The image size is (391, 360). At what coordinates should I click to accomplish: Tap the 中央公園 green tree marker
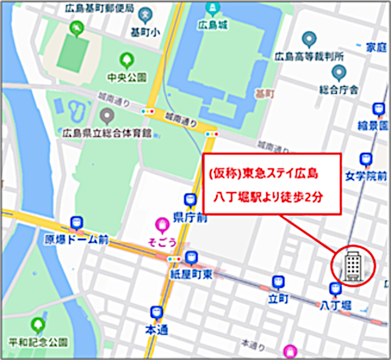pyautogui.click(x=127, y=61)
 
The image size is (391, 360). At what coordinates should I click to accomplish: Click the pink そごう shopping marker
pyautogui.click(x=162, y=225)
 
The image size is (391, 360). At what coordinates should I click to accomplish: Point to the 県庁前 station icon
pyautogui.click(x=190, y=200)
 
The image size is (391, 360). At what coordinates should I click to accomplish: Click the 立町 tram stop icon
pyautogui.click(x=278, y=282)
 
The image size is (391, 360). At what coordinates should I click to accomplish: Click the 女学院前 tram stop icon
pyautogui.click(x=366, y=159)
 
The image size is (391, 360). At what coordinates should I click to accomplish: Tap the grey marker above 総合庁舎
pyautogui.click(x=339, y=73)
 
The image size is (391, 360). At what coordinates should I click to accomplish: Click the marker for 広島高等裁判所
pyautogui.click(x=308, y=38)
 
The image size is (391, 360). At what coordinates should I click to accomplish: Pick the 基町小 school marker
pyautogui.click(x=145, y=16)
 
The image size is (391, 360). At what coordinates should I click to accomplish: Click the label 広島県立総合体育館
pyautogui.click(x=107, y=132)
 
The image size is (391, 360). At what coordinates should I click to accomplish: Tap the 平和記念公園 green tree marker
pyautogui.click(x=37, y=324)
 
